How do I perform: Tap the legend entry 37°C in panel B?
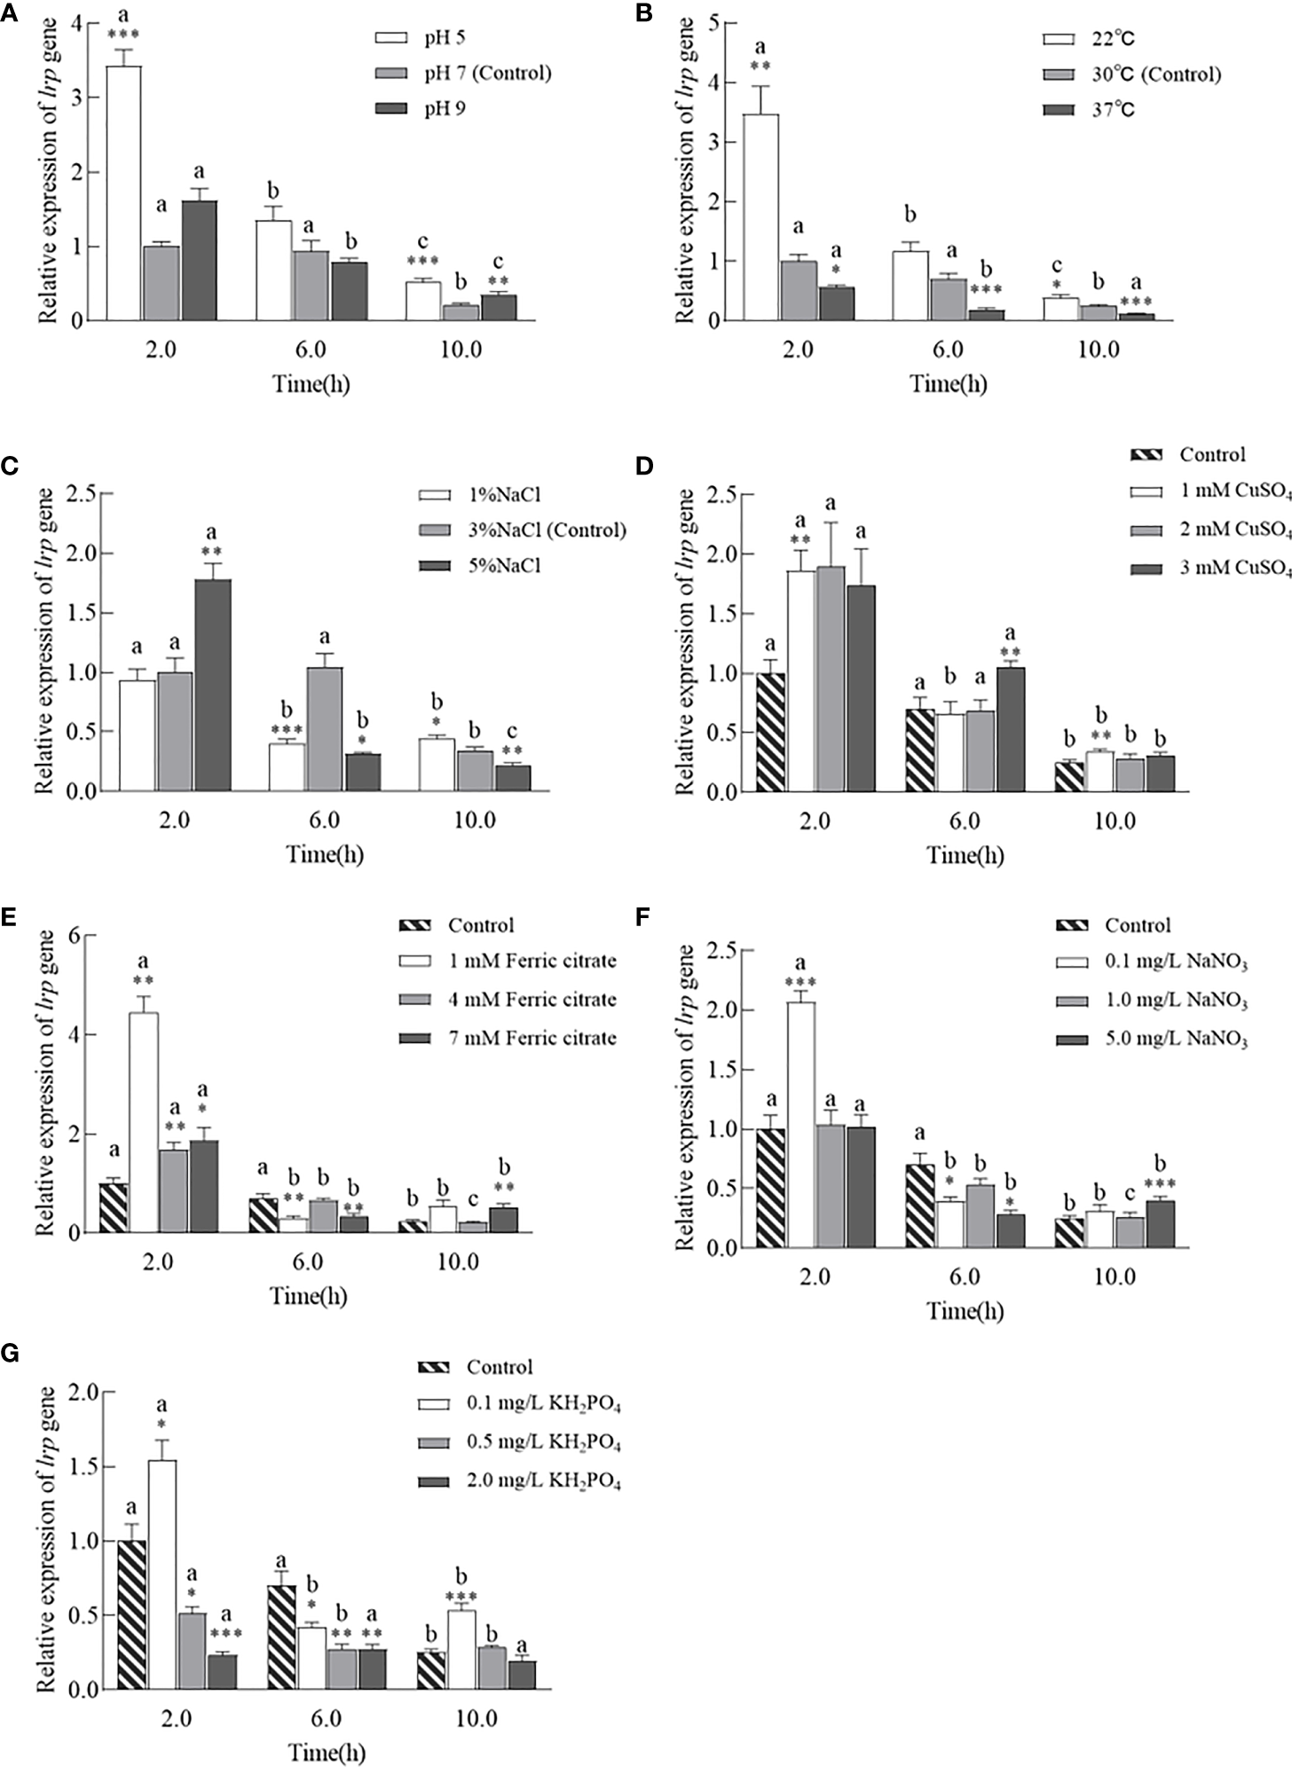(1110, 110)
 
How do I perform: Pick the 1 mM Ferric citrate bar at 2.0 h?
(145, 1122)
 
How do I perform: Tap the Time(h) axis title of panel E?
(308, 1296)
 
